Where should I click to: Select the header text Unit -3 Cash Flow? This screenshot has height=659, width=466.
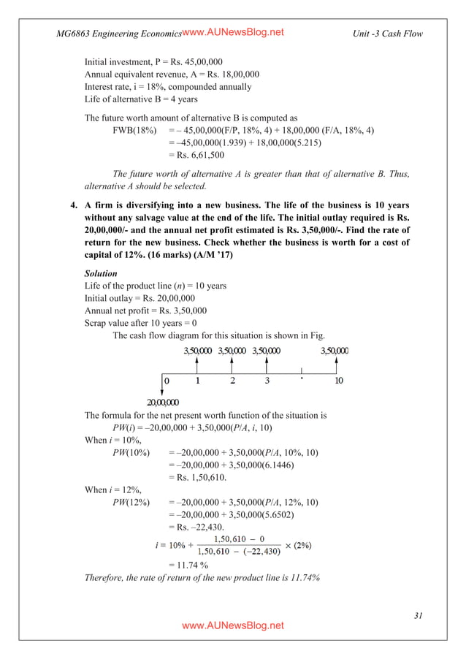(386, 34)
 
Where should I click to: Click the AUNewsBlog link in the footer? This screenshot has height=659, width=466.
(233, 626)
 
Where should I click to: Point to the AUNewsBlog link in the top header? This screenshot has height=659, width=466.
(232, 32)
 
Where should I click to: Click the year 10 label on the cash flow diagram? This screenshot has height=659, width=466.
(338, 381)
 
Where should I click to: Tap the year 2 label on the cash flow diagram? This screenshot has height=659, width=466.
(232, 381)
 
